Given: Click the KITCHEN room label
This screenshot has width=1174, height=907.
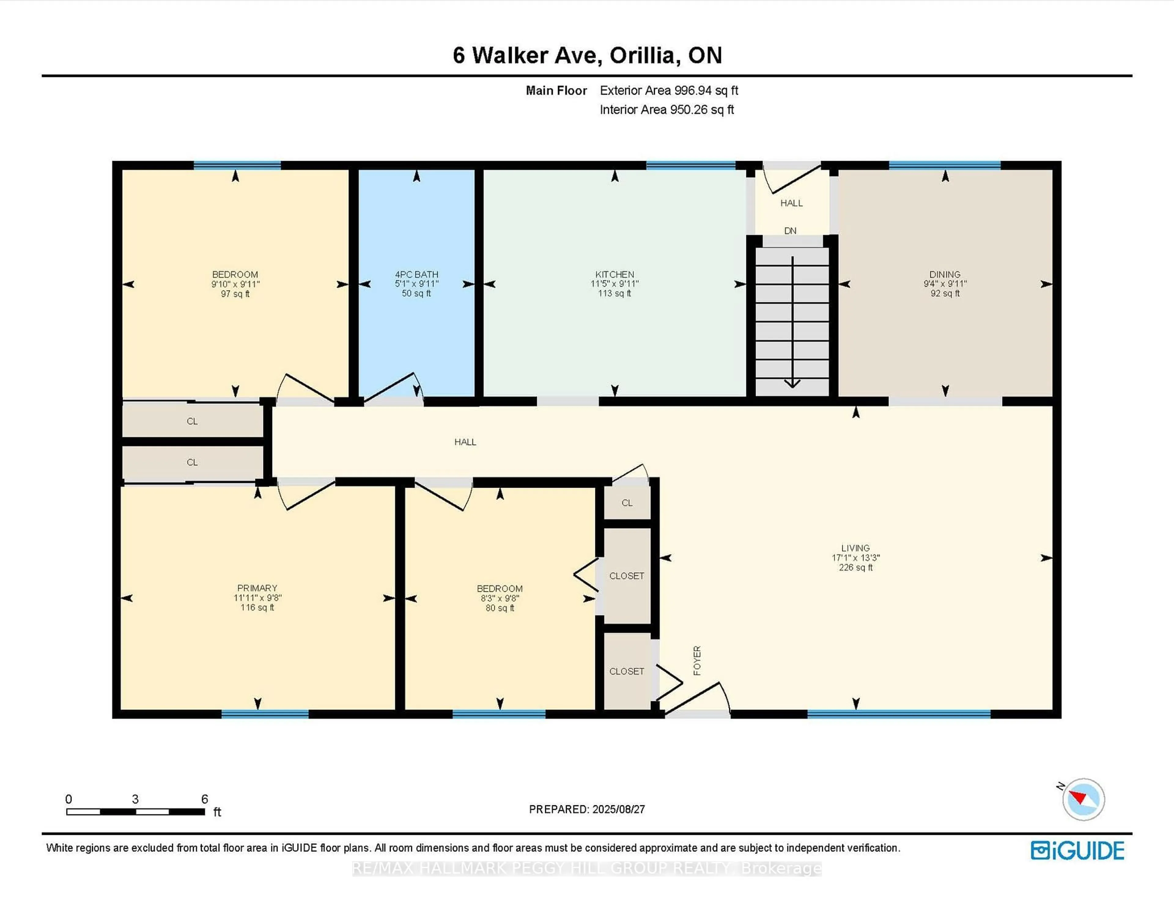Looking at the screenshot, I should click(615, 274).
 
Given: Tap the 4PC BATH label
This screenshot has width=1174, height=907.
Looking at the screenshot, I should click(417, 274).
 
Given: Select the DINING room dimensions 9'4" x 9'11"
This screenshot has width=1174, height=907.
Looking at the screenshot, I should click(945, 284).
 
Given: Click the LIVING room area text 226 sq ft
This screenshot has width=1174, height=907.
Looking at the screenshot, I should click(855, 567).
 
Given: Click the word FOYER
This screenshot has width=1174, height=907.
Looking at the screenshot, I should click(697, 660).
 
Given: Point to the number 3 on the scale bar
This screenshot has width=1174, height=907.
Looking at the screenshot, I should click(135, 799).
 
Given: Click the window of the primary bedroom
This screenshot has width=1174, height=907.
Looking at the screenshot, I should click(265, 714).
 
